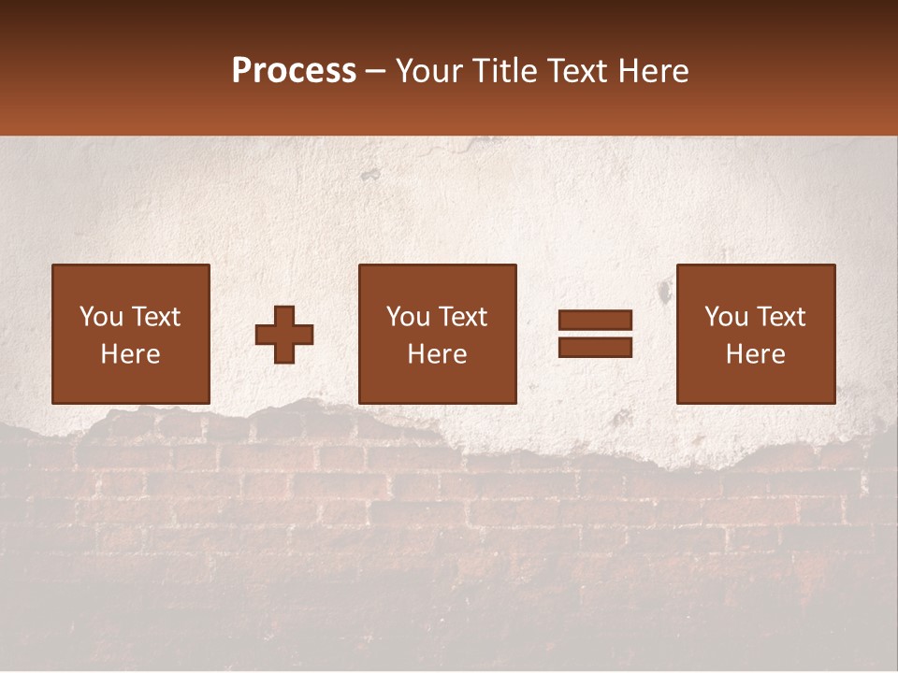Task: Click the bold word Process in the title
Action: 294,71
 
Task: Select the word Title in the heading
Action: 502,71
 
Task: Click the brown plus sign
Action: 284,334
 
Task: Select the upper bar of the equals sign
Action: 595,321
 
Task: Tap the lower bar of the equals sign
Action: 595,347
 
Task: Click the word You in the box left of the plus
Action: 101,317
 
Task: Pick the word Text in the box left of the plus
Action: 155,317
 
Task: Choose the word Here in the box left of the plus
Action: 130,354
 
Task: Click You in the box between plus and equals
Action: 408,317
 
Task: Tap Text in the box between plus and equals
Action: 462,317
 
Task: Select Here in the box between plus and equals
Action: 437,354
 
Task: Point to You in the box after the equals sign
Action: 726,317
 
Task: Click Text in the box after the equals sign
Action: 780,317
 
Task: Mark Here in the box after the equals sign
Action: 755,354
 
